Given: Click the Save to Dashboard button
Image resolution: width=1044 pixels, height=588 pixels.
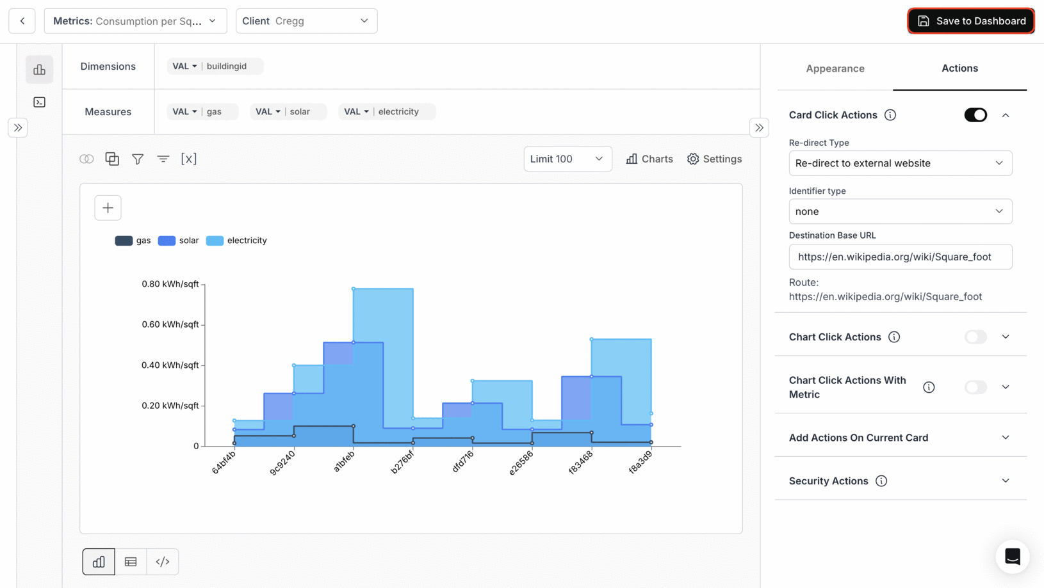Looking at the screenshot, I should tap(970, 21).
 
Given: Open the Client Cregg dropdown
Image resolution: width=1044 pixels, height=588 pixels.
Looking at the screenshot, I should tap(306, 21).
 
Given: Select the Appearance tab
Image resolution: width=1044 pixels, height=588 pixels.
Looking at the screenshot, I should tap(835, 68).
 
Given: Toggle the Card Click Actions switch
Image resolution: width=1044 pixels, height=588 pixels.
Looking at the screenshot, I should tap(975, 115).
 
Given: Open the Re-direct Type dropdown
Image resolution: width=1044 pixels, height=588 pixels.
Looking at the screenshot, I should tap(900, 163).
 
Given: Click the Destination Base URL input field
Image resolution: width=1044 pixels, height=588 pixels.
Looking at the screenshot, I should tap(900, 257).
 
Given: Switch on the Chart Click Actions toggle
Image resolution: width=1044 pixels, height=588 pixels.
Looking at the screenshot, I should tap(975, 337).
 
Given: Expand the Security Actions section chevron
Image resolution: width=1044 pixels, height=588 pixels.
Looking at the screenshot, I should tap(1005, 481).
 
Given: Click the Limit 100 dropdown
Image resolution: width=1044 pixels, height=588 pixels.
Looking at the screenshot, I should tap(567, 159).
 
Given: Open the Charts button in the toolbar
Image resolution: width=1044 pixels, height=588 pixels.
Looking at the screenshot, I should tap(649, 159).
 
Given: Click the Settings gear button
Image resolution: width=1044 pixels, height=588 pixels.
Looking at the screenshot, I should tap(714, 159).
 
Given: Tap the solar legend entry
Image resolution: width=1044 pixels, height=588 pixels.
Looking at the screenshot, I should tap(179, 241).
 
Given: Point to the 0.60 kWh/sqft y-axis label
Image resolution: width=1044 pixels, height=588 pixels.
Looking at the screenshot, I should tap(170, 324).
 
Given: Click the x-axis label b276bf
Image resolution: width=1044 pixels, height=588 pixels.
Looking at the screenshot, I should tap(402, 461).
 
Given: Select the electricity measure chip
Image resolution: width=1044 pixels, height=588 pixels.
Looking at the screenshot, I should tap(387, 111).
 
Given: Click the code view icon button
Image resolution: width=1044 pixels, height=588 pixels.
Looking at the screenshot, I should tap(163, 562).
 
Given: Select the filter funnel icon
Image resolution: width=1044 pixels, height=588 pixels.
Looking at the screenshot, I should tap(138, 159).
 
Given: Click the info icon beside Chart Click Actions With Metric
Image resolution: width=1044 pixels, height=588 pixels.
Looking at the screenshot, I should tap(929, 387).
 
